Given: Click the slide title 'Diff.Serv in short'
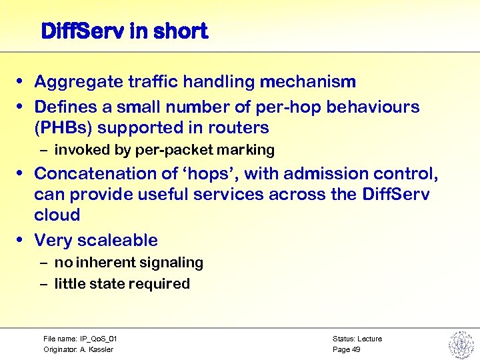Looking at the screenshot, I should tap(124, 31).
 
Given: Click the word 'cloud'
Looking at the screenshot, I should tap(57, 215).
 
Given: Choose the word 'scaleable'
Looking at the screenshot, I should tap(117, 240).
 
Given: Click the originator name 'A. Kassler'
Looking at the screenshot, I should tap(97, 349).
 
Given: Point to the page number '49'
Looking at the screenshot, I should tap(355, 349).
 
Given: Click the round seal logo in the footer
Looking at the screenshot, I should tap(461, 344).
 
